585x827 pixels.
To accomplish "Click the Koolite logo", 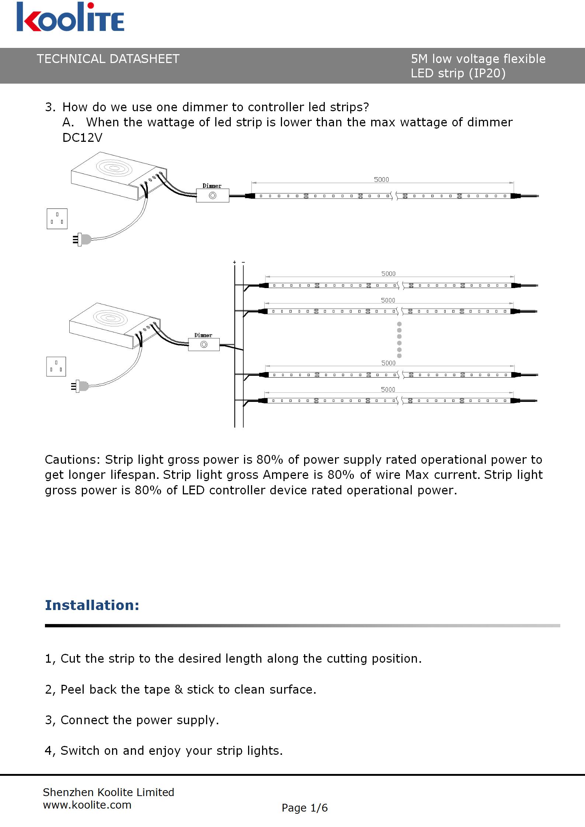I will click(70, 17).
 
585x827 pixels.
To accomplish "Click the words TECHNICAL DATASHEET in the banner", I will click(108, 59).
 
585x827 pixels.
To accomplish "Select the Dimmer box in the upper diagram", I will click(212, 195).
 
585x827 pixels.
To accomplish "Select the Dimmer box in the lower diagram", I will click(203, 344).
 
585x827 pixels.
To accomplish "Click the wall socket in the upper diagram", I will click(57, 218).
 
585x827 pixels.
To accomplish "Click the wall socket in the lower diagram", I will click(56, 366).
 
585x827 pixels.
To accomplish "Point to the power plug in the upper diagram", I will click(83, 239).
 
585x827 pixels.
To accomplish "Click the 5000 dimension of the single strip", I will click(381, 179).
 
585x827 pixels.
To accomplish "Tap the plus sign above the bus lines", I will click(234, 262).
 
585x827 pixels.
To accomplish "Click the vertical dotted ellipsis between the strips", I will click(399, 340).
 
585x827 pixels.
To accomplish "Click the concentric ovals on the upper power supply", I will click(114, 168).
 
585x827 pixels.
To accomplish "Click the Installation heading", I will click(92, 605).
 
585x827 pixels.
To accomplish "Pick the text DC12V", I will click(82, 138).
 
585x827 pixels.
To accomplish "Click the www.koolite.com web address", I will click(87, 805).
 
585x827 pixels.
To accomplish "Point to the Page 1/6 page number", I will click(304, 807).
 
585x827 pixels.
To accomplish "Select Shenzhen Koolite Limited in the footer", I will click(108, 792).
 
